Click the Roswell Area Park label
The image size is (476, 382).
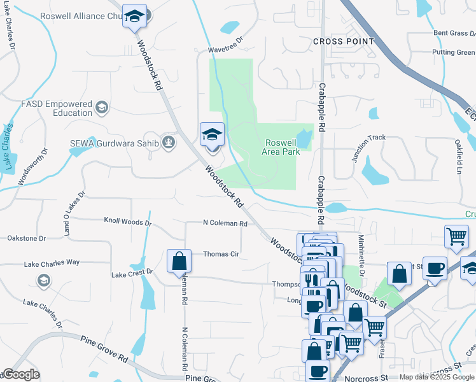(281, 147)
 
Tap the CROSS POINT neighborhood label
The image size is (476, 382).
(344, 41)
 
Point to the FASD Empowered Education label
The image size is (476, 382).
(57, 108)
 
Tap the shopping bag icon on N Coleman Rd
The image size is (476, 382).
(179, 260)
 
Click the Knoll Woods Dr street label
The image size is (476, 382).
(128, 223)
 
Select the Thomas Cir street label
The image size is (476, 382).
(221, 254)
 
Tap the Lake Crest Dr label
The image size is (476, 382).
(132, 273)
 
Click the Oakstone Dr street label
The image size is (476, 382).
(27, 238)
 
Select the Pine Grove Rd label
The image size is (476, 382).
(104, 350)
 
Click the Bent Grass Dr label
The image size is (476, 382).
(454, 33)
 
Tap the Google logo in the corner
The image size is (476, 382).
(20, 374)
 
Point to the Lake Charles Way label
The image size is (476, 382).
(52, 263)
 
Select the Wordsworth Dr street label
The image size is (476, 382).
(33, 167)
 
